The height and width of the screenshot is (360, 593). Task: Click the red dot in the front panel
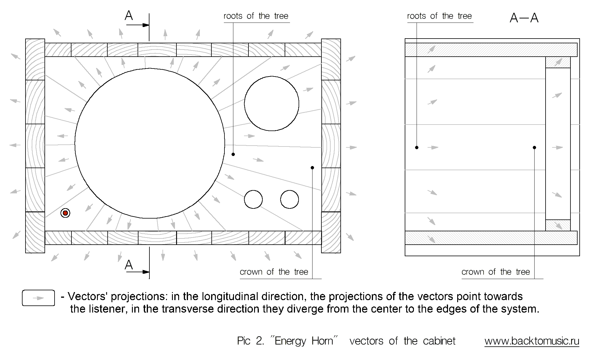coord(65,213)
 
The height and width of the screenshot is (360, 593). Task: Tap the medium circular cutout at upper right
coord(272,103)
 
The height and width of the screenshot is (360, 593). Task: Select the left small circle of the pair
coord(253,199)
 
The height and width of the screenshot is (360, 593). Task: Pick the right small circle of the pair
coord(289,199)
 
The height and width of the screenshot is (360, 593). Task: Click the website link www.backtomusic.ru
coord(532,341)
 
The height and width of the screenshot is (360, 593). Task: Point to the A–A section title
coord(524,18)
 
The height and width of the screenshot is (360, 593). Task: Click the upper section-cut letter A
coord(129,16)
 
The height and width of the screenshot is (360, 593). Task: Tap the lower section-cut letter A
coord(129,265)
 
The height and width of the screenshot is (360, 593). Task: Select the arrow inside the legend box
coord(38,298)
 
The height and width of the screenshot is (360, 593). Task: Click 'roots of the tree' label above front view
coord(256,16)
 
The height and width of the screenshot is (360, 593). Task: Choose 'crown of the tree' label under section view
coord(496,272)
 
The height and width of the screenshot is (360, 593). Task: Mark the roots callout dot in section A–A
coord(417,147)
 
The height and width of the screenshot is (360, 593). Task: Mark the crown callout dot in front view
coord(312,168)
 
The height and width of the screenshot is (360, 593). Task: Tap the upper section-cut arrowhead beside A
coord(146,25)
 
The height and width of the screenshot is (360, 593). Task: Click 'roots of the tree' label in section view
coord(439,16)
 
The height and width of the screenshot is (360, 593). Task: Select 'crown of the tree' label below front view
coord(274,272)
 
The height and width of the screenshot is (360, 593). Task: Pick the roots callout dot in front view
coord(233,154)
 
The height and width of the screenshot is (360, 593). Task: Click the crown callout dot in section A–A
coord(534,147)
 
